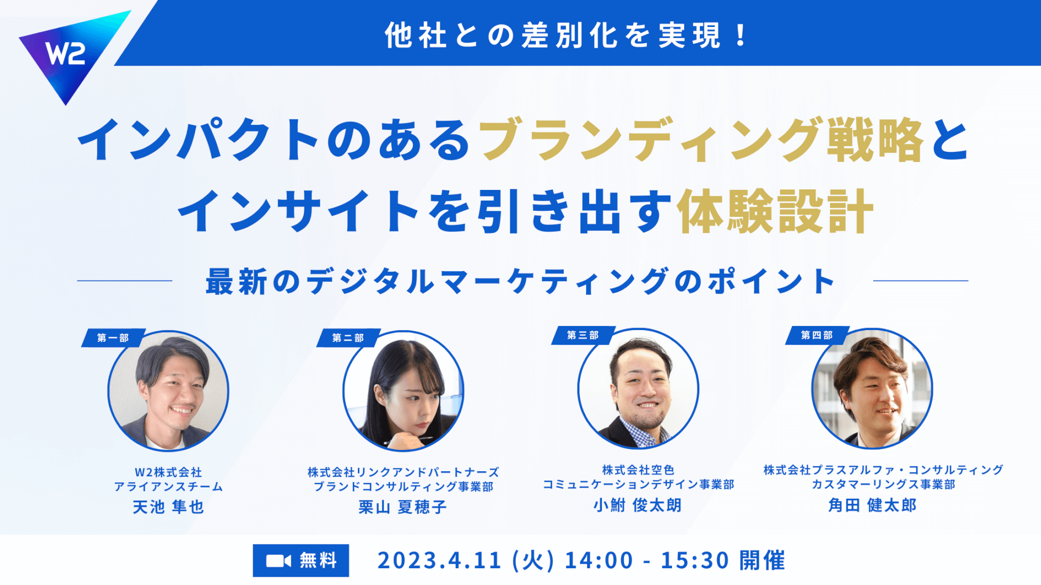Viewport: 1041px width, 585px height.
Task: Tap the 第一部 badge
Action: [113, 338]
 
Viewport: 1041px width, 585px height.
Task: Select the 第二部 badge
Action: [348, 338]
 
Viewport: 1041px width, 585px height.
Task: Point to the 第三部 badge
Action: [583, 335]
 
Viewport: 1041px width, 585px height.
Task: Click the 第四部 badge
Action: [817, 335]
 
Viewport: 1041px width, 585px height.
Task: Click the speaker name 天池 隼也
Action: [168, 507]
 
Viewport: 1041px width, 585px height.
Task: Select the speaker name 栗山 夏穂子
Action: [403, 507]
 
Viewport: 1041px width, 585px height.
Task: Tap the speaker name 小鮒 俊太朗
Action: [637, 505]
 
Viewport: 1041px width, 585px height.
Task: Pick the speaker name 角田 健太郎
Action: [872, 505]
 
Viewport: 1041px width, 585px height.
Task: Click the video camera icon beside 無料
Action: [279, 561]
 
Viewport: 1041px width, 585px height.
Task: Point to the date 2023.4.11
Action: [440, 561]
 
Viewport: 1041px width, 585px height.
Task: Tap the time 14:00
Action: [599, 561]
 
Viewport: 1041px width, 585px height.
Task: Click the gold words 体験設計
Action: [775, 211]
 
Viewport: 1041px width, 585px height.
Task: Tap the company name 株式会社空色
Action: [638, 470]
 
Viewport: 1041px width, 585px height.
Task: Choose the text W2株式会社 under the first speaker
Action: [168, 472]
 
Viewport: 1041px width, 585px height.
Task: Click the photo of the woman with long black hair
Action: [403, 391]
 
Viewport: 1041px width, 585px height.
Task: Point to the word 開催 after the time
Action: [762, 561]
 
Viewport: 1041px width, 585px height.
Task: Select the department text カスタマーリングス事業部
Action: [883, 484]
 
